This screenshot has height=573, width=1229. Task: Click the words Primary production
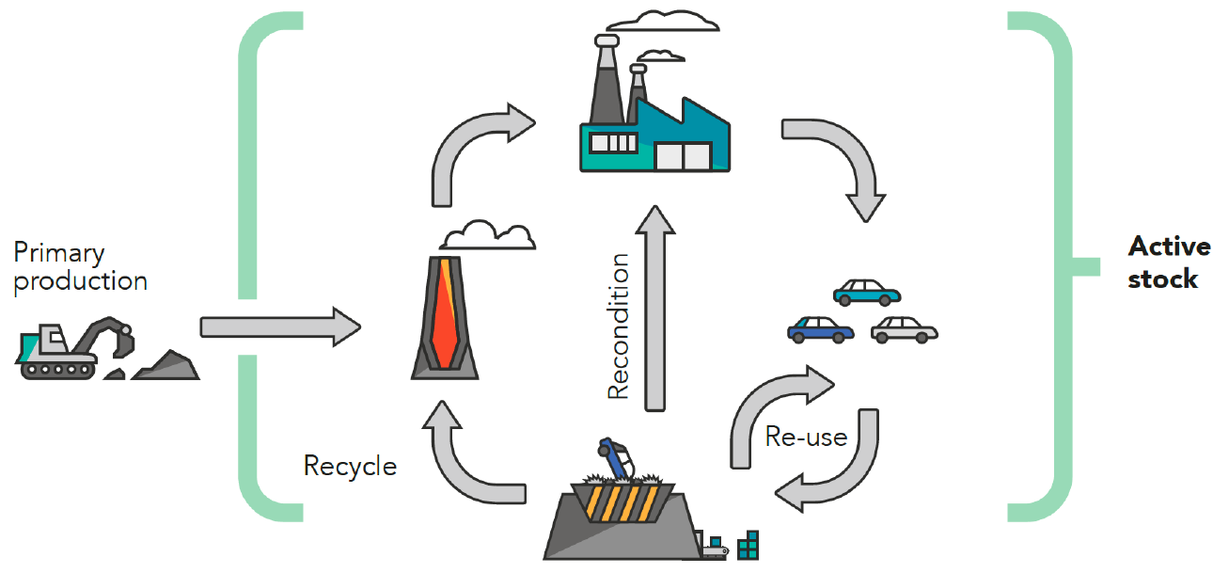tap(80, 266)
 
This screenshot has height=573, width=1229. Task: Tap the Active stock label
tap(1169, 263)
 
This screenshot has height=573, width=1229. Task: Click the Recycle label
tap(350, 466)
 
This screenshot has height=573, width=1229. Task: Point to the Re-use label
tap(806, 437)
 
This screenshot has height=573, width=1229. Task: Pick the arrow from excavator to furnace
tap(279, 326)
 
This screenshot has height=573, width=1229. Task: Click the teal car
tap(866, 292)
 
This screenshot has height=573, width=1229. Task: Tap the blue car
tap(820, 327)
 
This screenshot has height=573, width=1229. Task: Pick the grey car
tap(905, 328)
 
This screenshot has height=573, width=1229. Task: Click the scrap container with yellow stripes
tap(621, 513)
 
